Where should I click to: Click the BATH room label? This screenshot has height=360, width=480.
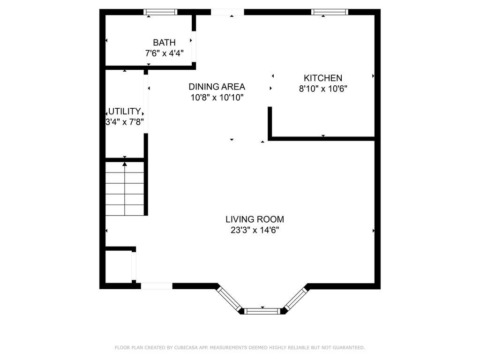coord(164,42)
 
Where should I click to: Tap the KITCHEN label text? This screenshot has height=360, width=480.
coord(322,78)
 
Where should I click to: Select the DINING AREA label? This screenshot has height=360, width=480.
coord(217,87)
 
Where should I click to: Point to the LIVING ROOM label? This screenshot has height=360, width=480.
coord(255,219)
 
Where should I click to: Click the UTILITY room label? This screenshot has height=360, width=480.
coord(125,111)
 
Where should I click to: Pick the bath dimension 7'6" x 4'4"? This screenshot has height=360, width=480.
coord(164,53)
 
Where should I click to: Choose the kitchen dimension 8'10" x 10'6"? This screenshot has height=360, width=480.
coord(323,89)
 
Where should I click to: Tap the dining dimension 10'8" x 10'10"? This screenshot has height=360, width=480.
coord(217,97)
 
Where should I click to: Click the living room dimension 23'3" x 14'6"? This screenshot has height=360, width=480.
coord(255,230)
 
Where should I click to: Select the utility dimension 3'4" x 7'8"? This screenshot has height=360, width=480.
coord(125,122)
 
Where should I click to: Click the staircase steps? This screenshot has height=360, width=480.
coord(125,189)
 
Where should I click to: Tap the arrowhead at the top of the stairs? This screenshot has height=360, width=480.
coord(125,164)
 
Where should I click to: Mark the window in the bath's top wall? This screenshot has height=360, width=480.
coord(160,12)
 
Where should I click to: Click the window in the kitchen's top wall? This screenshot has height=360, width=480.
coord(330,12)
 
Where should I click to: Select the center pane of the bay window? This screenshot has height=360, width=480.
coord(262,311)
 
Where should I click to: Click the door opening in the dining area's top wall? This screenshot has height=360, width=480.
coord(227,12)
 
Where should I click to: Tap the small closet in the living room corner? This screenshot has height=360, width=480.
coord(119,267)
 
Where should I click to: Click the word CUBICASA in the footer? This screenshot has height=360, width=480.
coord(186,347)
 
